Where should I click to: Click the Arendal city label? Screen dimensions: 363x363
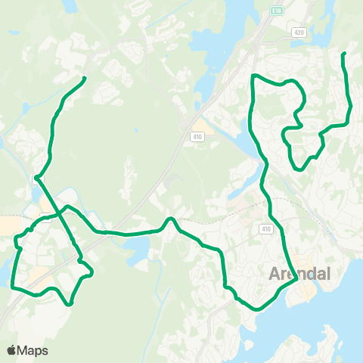click(x=300, y=274)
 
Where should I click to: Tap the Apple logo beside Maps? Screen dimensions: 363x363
click(x=11, y=350)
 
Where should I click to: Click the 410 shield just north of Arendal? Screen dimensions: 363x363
click(x=265, y=228)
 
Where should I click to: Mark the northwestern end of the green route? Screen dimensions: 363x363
click(x=83, y=78)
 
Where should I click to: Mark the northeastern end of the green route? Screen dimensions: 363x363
click(x=344, y=54)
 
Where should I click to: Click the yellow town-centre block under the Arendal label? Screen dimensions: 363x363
click(x=306, y=292)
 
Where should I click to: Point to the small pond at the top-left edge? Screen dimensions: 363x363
click(x=72, y=6)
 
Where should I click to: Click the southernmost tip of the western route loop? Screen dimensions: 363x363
click(x=70, y=304)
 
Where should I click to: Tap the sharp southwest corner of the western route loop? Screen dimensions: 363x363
click(x=13, y=286)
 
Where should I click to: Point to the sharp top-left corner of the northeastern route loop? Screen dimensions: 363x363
click(x=253, y=76)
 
